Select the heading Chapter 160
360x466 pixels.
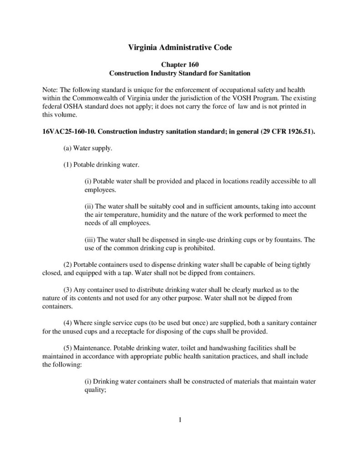pos(179,65)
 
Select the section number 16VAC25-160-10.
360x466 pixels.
pos(68,132)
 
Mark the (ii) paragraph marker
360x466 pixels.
pos(90,207)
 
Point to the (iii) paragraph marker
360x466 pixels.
pos(91,240)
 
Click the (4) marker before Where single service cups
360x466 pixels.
pos(68,323)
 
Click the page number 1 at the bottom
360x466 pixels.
pos(180,420)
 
